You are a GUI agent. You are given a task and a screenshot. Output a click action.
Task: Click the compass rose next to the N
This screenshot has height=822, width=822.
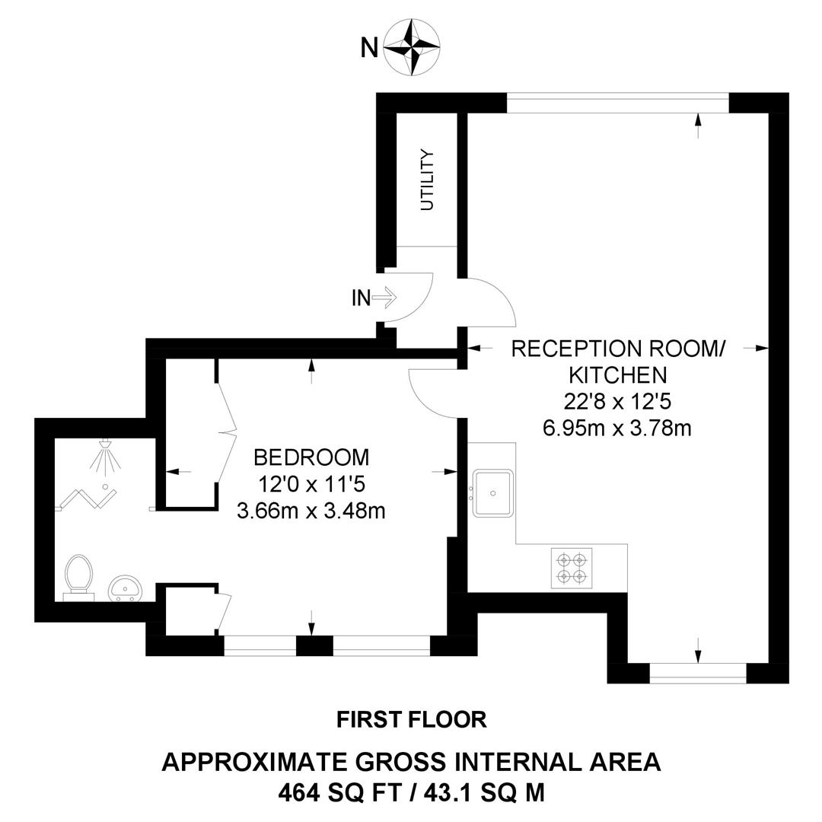tap(412, 47)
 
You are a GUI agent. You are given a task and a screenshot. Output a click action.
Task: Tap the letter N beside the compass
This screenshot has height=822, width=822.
tap(369, 48)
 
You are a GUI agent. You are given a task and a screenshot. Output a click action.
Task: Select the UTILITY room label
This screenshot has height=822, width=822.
tap(428, 180)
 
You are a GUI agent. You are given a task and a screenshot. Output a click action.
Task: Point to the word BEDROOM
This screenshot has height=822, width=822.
tap(311, 457)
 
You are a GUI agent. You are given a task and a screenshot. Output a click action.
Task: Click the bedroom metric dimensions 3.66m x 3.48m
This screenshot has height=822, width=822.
tap(311, 510)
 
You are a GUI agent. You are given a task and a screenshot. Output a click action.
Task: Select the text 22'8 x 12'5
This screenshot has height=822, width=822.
tap(617, 400)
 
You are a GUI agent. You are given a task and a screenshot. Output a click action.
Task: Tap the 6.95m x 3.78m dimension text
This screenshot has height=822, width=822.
tap(617, 427)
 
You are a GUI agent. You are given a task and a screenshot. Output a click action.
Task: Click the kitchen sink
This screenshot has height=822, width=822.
tap(493, 492)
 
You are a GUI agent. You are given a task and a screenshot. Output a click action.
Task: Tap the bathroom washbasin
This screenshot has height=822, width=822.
tap(124, 588)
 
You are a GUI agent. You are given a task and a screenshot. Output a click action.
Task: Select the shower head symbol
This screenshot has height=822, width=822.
tap(105, 454)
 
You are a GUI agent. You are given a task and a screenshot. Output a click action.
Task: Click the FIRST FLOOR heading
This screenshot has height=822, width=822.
tap(411, 718)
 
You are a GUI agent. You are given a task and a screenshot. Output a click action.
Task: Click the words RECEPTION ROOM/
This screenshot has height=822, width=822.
tap(617, 349)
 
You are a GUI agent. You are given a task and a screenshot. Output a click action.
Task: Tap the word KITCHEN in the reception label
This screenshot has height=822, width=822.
tap(617, 374)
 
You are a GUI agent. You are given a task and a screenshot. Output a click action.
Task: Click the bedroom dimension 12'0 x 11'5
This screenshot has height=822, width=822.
tap(311, 484)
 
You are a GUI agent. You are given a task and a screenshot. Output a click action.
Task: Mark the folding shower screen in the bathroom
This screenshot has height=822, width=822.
tap(88, 499)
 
